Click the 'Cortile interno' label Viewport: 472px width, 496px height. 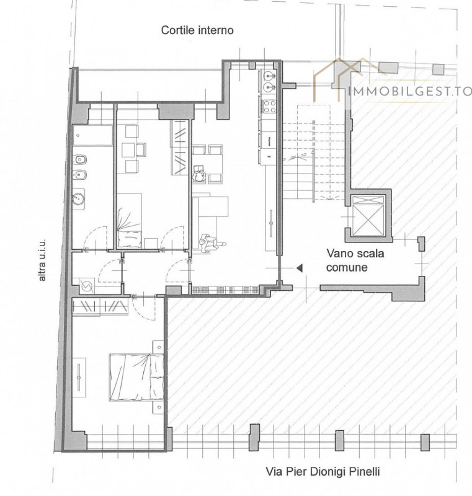click(x=197, y=30)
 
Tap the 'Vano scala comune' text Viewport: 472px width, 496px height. click(x=355, y=260)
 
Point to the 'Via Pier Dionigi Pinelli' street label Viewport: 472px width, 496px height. click(x=323, y=472)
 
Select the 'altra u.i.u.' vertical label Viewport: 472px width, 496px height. click(x=42, y=260)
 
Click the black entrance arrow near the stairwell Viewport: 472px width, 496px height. click(x=300, y=268)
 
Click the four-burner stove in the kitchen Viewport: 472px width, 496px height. click(x=269, y=106)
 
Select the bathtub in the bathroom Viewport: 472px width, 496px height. click(x=92, y=135)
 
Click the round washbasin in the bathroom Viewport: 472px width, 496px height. click(x=78, y=199)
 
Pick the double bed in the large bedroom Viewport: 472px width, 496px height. click(x=136, y=378)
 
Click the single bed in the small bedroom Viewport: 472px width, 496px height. click(x=129, y=221)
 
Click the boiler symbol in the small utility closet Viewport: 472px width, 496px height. click(x=86, y=286)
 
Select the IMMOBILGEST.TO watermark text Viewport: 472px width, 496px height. click(x=410, y=91)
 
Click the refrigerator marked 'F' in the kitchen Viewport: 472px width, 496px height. click(x=269, y=157)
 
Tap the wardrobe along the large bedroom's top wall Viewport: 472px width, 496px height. click(x=100, y=306)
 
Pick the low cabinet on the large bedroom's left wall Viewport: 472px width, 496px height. click(x=79, y=377)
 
